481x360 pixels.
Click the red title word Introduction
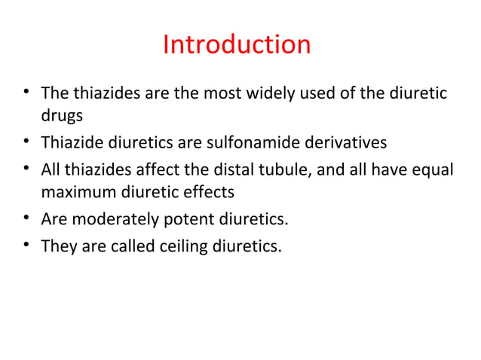pos(237,45)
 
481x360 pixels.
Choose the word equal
pos(433,169)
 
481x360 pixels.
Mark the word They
pos(57,246)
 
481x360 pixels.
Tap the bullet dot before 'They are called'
pos(26,245)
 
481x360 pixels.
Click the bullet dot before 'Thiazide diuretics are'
pos(26,142)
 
